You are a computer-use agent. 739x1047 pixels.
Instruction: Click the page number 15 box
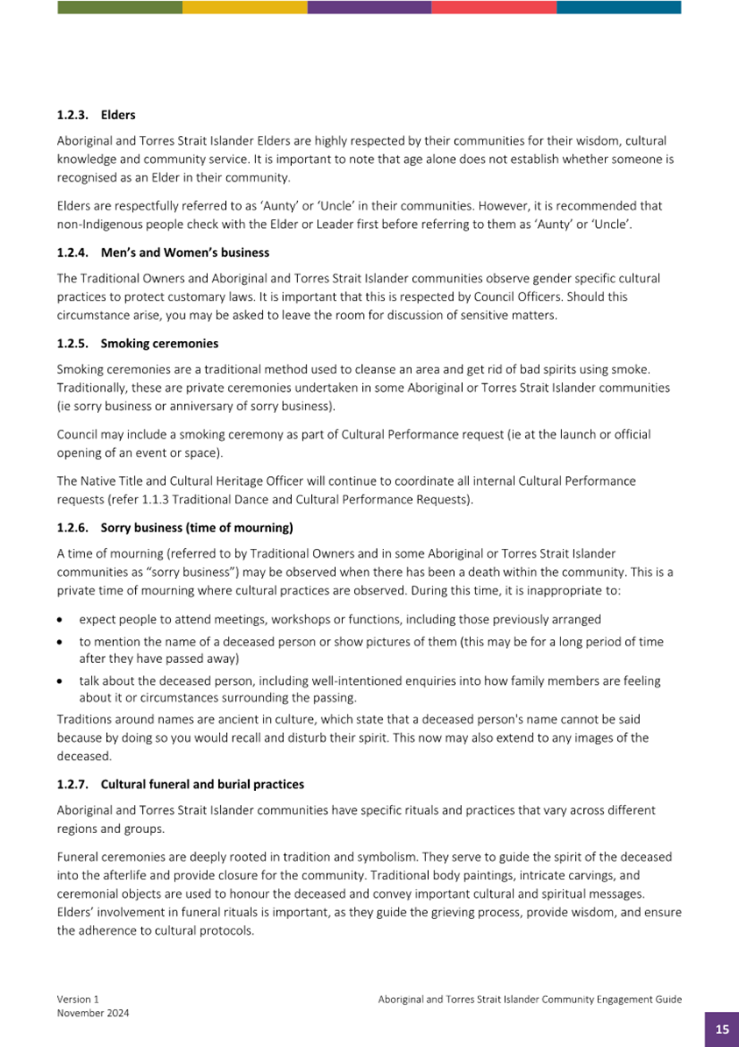(721, 1029)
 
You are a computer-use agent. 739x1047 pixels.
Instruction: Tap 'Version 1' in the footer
(78, 999)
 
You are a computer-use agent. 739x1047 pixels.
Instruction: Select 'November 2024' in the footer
(93, 1013)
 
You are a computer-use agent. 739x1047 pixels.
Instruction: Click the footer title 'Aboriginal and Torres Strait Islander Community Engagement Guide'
(529, 999)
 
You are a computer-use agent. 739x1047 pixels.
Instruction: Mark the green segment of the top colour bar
(119, 7)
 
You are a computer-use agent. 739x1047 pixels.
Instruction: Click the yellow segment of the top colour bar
(245, 7)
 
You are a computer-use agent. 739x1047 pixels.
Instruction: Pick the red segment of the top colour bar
(494, 7)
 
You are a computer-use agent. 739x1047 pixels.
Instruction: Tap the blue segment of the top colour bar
(619, 7)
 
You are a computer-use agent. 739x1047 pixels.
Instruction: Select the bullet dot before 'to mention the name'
(60, 642)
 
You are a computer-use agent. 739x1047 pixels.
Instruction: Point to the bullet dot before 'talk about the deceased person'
(60, 680)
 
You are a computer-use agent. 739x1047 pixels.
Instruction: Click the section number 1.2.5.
(73, 343)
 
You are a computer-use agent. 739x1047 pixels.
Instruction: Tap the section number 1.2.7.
(73, 783)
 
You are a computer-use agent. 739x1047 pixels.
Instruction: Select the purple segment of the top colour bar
(369, 7)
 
